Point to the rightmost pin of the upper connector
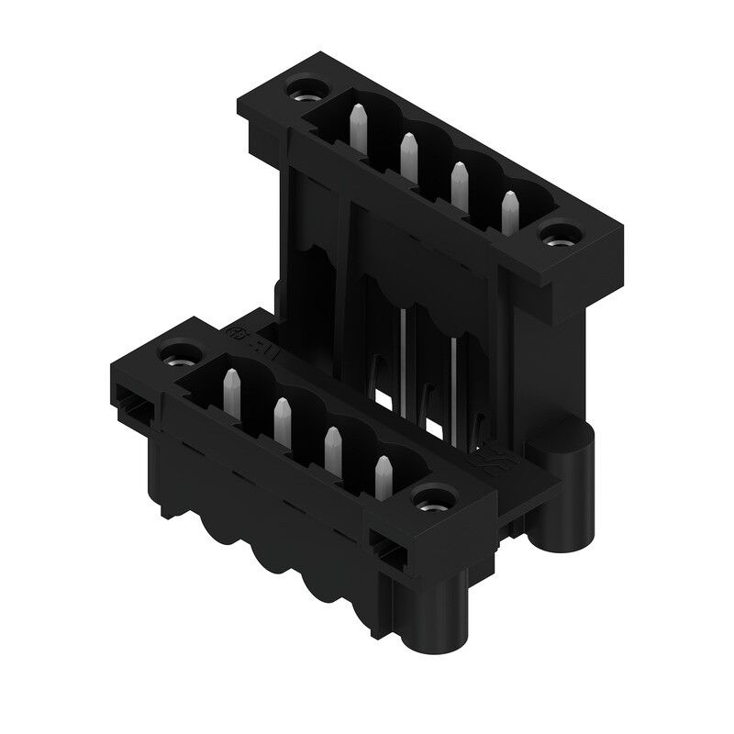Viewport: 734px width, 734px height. tap(508, 208)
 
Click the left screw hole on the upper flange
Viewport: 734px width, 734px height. tap(302, 91)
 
